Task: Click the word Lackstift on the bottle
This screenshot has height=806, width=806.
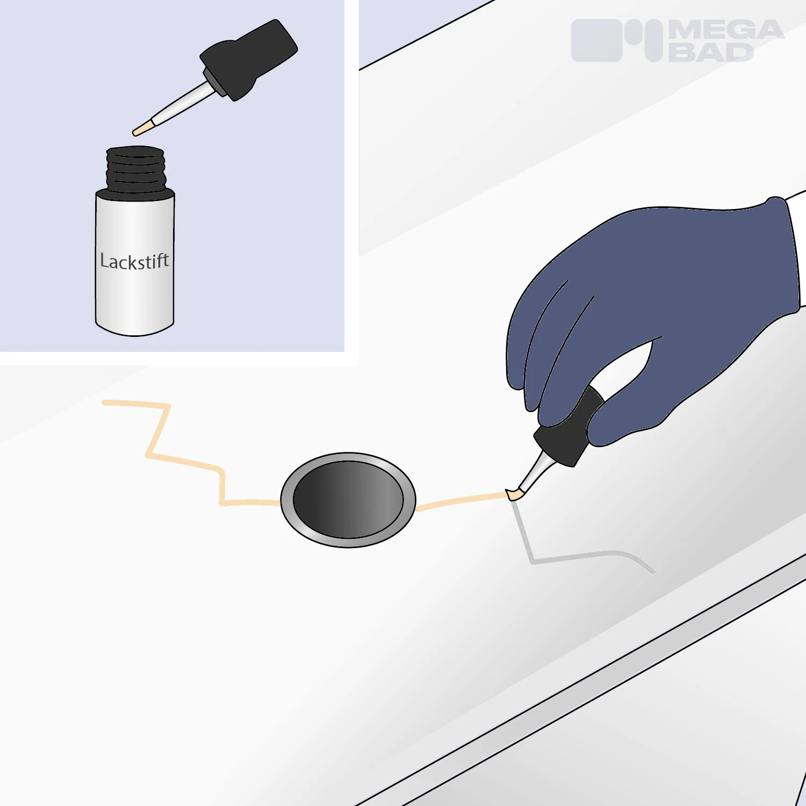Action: (x=134, y=261)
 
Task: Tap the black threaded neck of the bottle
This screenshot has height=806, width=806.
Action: (x=135, y=169)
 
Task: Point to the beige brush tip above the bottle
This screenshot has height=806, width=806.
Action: (x=143, y=129)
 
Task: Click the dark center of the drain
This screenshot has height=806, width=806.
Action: (x=348, y=499)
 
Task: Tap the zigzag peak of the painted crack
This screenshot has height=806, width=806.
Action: (x=168, y=405)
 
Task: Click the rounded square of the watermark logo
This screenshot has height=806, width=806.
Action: (x=596, y=40)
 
